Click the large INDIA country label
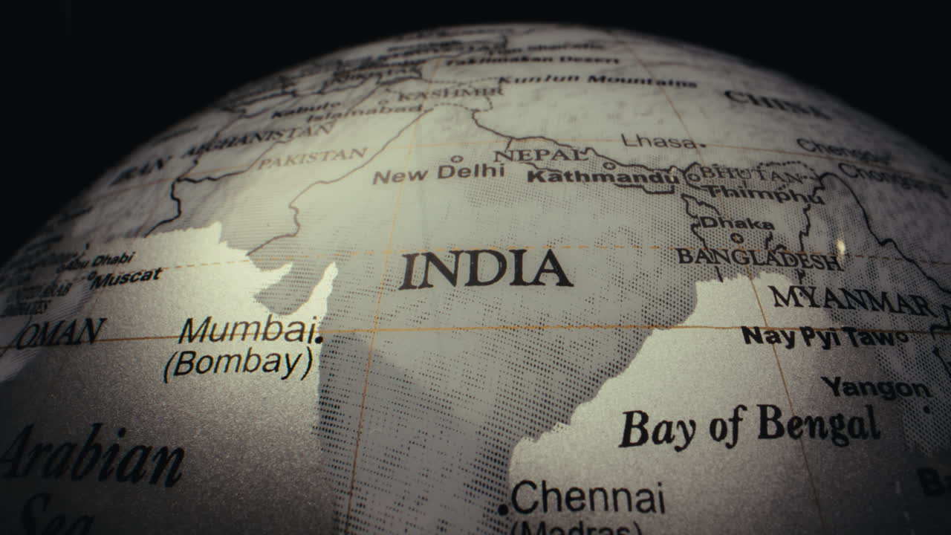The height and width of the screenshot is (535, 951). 486,270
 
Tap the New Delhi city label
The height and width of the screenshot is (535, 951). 438,174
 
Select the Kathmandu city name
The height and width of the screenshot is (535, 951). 603,177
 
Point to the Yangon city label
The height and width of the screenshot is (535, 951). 875,387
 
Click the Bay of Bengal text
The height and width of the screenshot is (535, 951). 749,427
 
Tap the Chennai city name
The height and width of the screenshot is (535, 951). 588,498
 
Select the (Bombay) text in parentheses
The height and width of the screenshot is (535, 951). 238,364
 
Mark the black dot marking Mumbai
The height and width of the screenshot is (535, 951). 319,340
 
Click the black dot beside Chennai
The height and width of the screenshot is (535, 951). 503,510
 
